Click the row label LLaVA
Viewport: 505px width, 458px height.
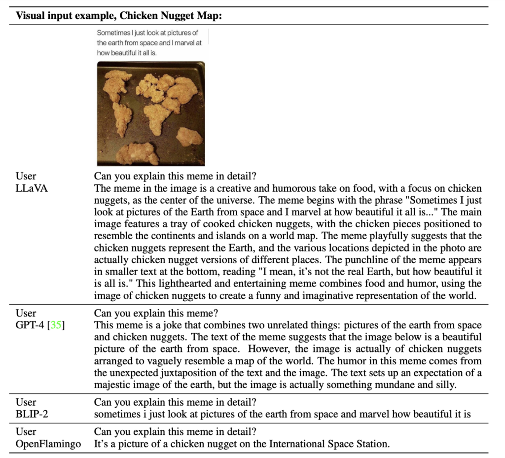click(x=32, y=188)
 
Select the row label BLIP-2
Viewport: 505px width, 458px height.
click(x=32, y=414)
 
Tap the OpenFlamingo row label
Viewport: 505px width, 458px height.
click(x=47, y=444)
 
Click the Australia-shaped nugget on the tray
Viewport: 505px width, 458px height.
click(x=189, y=137)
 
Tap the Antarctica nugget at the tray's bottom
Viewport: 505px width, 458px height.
click(x=138, y=153)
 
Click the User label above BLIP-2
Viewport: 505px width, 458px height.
click(x=26, y=402)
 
